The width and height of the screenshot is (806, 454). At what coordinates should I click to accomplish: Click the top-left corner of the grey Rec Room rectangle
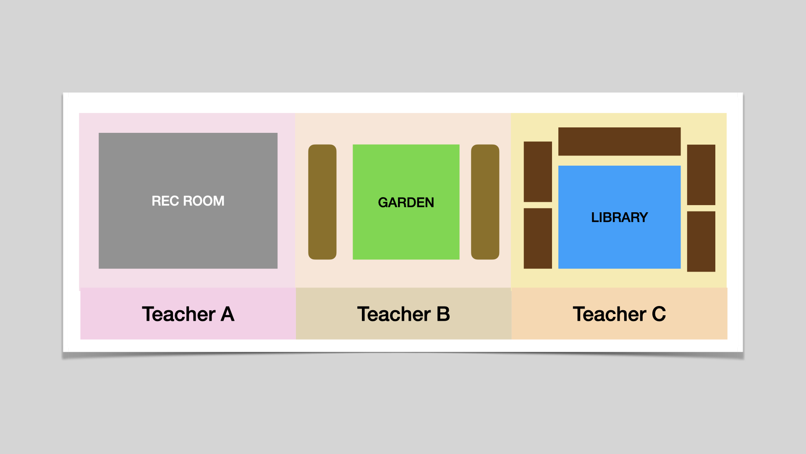point(99,133)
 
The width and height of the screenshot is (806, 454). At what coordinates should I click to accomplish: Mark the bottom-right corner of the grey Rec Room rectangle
point(277,269)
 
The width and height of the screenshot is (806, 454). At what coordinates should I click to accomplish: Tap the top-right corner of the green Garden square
point(459,145)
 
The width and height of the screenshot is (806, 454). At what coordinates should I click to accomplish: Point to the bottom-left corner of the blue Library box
point(558,269)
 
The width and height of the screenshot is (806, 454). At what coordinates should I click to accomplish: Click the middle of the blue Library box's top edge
point(619,166)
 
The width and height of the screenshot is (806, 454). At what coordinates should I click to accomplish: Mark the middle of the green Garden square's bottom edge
point(406,259)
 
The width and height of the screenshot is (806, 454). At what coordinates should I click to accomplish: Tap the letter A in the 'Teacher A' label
point(228,314)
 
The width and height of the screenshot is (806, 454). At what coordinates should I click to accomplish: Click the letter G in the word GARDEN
point(383,203)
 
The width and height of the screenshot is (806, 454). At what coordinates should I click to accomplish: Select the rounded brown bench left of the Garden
point(322,202)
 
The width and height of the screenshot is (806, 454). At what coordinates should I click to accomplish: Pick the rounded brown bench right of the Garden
point(485,202)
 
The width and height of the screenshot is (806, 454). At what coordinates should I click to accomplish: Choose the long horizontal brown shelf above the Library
point(619,142)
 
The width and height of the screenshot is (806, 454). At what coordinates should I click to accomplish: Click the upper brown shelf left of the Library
point(538,172)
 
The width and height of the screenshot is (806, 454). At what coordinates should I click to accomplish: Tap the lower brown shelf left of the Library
point(538,238)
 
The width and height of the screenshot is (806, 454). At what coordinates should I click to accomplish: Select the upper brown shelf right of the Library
point(701,175)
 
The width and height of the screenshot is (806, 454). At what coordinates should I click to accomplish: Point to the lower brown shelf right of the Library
point(701,241)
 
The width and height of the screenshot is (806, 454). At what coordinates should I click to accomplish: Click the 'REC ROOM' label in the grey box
point(188,201)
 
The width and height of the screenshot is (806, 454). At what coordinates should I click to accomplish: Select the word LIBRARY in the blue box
point(620,217)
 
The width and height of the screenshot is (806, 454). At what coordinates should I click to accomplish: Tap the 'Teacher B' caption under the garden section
point(403,314)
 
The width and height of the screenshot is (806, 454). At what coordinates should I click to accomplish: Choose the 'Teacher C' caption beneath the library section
point(619,314)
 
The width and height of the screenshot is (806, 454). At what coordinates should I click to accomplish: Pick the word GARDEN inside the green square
point(406,203)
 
